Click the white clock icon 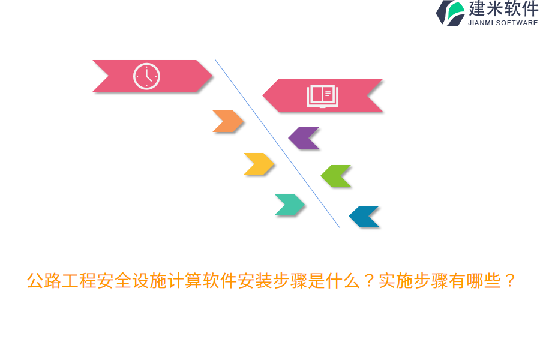click(146, 76)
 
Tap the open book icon click(322, 95)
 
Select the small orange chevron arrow click(228, 121)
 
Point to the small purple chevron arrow click(304, 138)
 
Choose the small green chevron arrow click(336, 176)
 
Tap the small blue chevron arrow click(364, 217)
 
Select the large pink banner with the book click(360, 95)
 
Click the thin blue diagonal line click(278, 144)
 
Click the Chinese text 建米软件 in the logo click(503, 9)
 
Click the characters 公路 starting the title click(44, 281)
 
